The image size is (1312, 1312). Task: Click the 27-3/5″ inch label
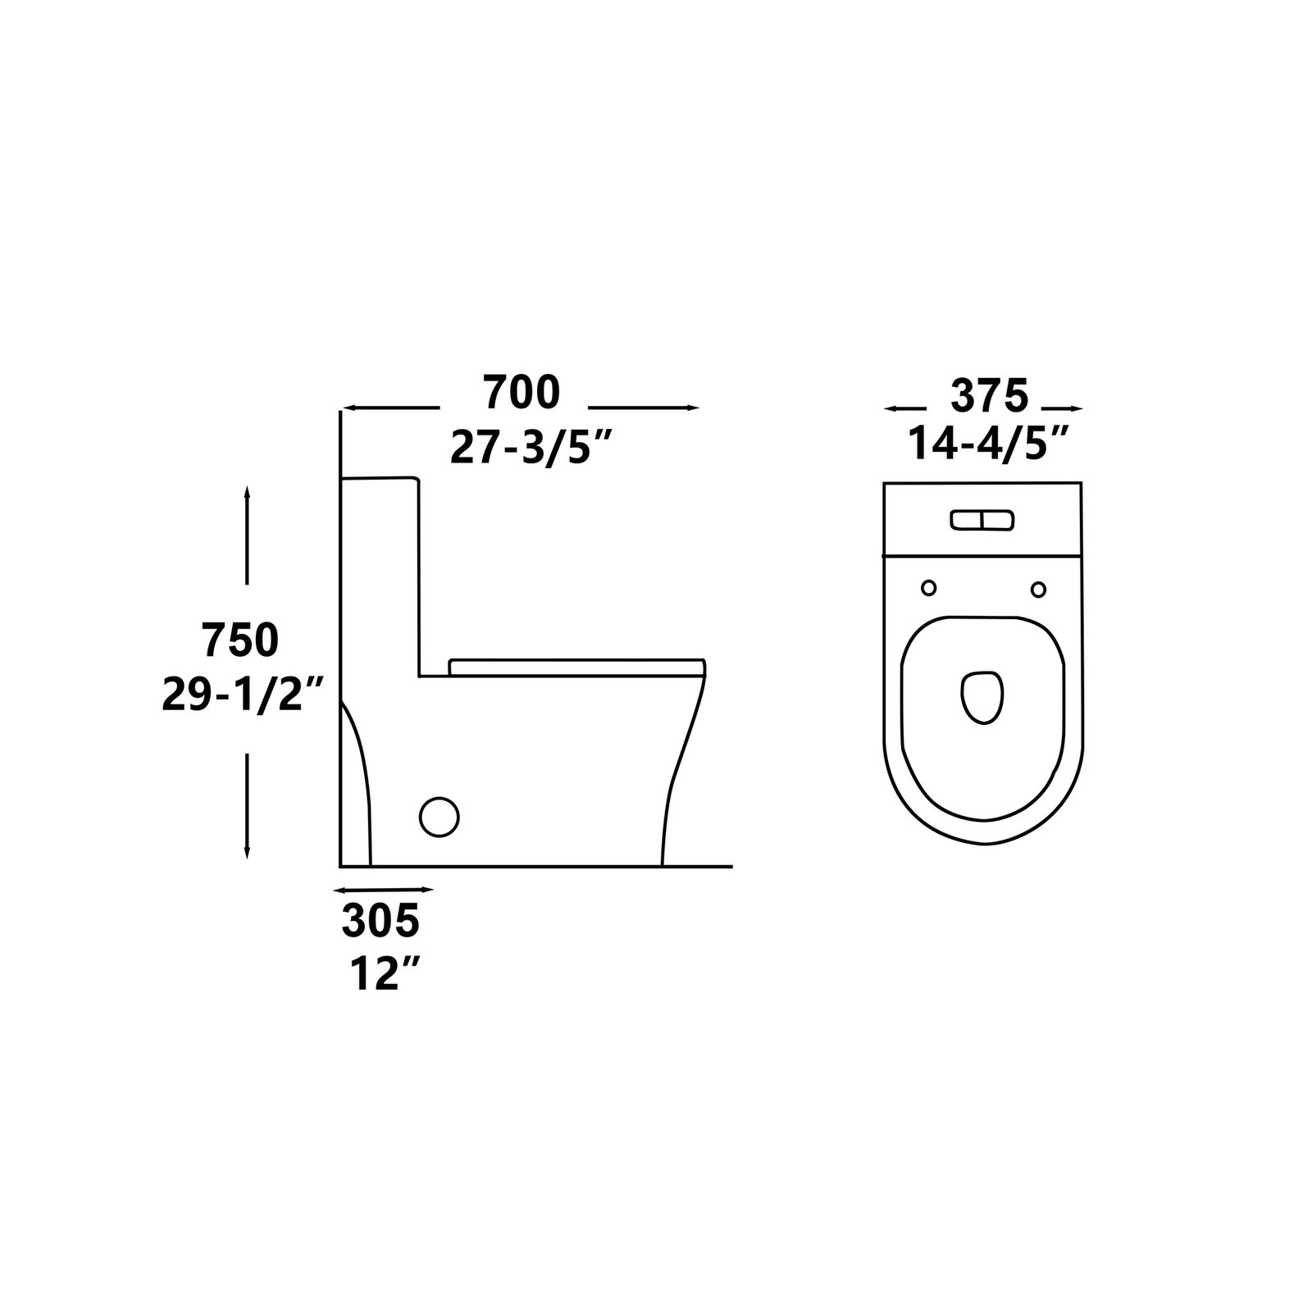pyautogui.click(x=532, y=448)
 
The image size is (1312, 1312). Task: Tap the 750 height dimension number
pyautogui.click(x=241, y=640)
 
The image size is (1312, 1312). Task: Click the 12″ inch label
pyautogui.click(x=380, y=974)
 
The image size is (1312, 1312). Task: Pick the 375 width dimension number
pyautogui.click(x=988, y=398)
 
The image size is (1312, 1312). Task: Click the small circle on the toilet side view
pyautogui.click(x=440, y=817)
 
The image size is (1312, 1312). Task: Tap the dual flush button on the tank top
pyautogui.click(x=982, y=520)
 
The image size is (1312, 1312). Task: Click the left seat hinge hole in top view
pyautogui.click(x=929, y=588)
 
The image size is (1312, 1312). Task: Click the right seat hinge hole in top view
pyautogui.click(x=1038, y=589)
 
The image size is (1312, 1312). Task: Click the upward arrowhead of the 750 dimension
pyautogui.click(x=247, y=491)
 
